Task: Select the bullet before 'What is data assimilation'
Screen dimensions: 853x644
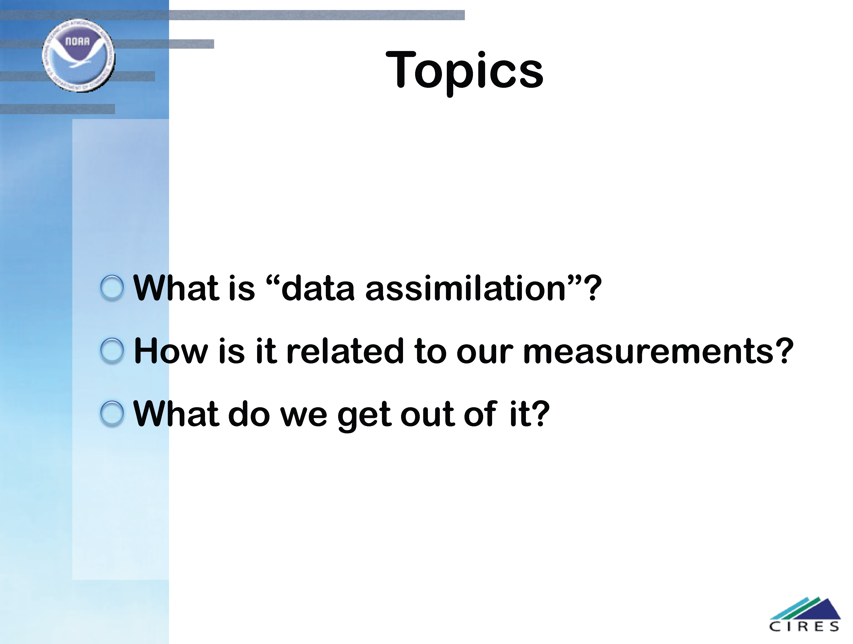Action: pos(112,288)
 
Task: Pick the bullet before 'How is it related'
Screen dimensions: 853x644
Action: pos(112,351)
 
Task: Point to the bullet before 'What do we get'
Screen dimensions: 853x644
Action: pos(112,414)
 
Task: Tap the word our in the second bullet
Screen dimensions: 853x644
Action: pos(485,353)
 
